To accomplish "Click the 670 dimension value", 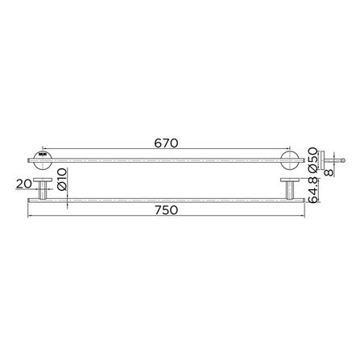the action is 166,143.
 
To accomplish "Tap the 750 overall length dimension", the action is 166,210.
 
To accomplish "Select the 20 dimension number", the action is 24,184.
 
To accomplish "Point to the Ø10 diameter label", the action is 62,179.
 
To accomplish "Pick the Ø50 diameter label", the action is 312,159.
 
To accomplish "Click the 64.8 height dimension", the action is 313,190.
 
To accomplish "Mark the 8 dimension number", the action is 329,172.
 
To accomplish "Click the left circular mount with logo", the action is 43,160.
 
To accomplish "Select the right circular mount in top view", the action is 289,160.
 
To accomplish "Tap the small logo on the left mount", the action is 43,155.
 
